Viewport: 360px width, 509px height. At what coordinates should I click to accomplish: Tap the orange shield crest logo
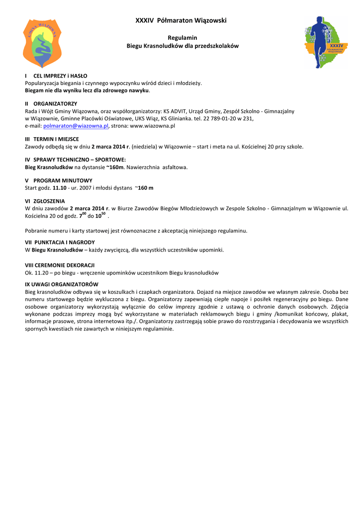[x=42, y=44]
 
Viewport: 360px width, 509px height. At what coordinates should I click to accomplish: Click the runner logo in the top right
[x=326, y=43]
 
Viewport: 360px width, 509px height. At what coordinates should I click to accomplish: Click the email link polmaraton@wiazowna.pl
[x=79, y=126]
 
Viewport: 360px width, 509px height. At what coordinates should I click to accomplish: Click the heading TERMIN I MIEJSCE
[x=56, y=139]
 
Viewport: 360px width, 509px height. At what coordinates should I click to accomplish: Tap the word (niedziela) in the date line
[x=144, y=147]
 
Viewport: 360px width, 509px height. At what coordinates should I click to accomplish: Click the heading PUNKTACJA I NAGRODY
[x=64, y=243]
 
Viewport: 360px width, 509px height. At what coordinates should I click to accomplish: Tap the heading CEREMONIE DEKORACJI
[x=64, y=265]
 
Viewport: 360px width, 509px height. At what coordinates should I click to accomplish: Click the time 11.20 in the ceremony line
[x=41, y=273]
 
